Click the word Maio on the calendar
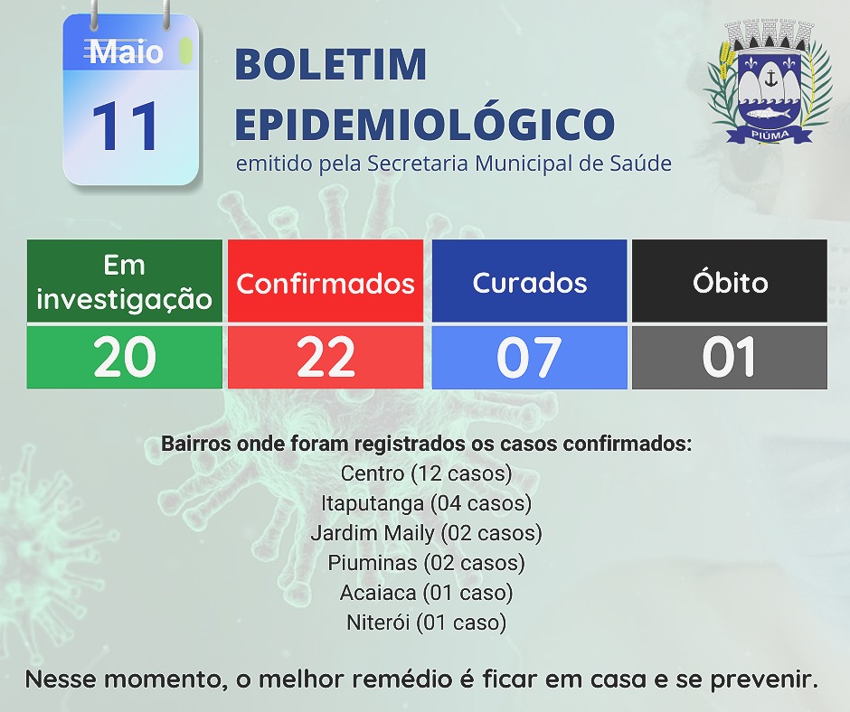[126, 52]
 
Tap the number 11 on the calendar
[125, 126]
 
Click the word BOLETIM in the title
[331, 64]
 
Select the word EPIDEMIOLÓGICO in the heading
[425, 124]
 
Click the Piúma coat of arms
[770, 82]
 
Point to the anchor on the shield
[770, 80]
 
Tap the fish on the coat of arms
[769, 114]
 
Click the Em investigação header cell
[125, 281]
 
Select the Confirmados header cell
[326, 281]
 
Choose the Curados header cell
[530, 281]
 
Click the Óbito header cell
[730, 281]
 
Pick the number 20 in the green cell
[125, 357]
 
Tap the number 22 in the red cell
[326, 357]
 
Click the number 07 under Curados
[529, 357]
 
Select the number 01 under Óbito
[729, 357]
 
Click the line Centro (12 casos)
[427, 473]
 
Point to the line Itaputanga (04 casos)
[427, 503]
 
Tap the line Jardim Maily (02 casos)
[427, 533]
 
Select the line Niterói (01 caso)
[427, 623]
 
